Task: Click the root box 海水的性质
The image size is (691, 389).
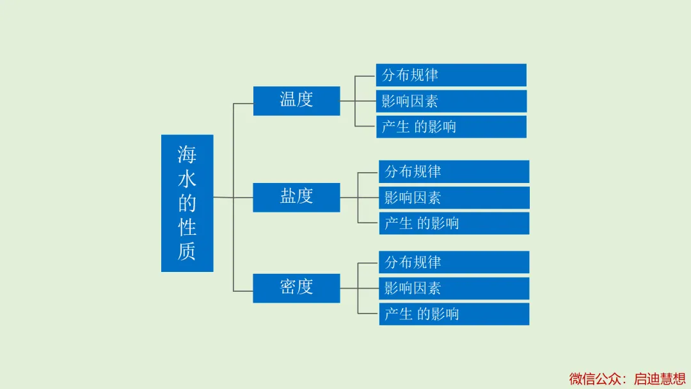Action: pyautogui.click(x=187, y=203)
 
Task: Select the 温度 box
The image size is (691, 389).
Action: pyautogui.click(x=297, y=101)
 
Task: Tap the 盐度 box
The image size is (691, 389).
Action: pyautogui.click(x=297, y=197)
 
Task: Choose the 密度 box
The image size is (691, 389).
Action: pyautogui.click(x=297, y=288)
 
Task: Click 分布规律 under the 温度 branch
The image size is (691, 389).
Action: pyautogui.click(x=451, y=75)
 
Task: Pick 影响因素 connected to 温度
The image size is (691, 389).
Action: pyautogui.click(x=451, y=101)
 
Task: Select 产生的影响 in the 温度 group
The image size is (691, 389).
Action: pyautogui.click(x=451, y=127)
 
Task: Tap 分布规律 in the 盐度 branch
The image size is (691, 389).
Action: pyautogui.click(x=454, y=171)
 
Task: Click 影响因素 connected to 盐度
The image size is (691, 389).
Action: pyautogui.click(x=454, y=198)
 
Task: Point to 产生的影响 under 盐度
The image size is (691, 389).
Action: pyautogui.click(x=454, y=223)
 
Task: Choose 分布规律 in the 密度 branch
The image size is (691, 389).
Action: pyautogui.click(x=454, y=262)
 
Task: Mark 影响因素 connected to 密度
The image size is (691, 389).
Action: pyautogui.click(x=454, y=289)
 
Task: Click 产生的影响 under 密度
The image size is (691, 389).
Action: pyautogui.click(x=454, y=314)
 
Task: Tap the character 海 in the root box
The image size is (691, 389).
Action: pyautogui.click(x=187, y=155)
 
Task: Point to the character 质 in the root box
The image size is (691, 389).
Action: pyautogui.click(x=187, y=251)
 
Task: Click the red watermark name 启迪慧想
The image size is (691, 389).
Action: pyautogui.click(x=660, y=379)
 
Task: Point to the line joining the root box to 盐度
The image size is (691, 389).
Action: pyautogui.click(x=233, y=197)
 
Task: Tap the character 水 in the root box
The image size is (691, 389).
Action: pyautogui.click(x=187, y=179)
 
